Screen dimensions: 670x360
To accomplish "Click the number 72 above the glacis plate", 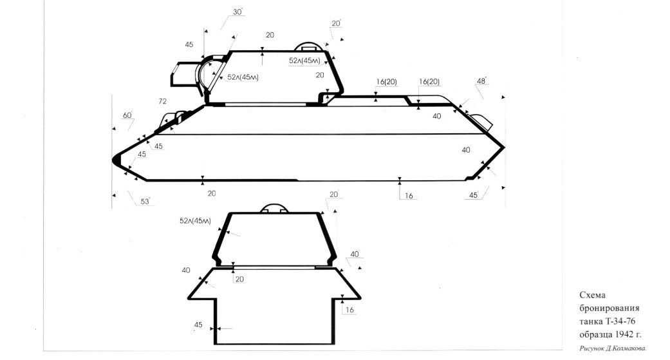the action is click(162, 101).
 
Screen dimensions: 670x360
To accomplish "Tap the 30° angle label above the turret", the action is click(238, 12).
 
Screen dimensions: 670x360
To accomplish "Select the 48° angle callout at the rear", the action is click(481, 81).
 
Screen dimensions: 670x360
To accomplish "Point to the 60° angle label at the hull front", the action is click(128, 115).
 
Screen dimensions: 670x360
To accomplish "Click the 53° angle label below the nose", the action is click(145, 201).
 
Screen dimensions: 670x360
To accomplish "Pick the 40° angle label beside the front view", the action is click(355, 254).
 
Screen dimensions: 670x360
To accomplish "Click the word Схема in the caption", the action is click(592, 295).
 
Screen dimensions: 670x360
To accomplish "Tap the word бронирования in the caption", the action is click(610, 308).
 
